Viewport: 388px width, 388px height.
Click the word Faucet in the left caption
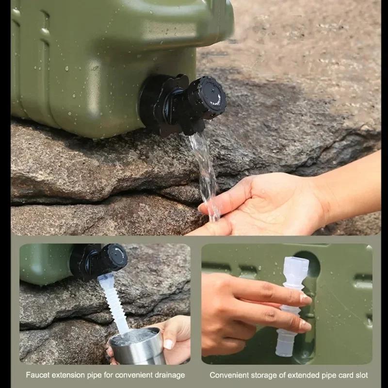(x=37, y=375)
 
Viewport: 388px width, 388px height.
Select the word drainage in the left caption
(x=170, y=375)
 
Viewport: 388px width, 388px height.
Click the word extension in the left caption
(x=66, y=375)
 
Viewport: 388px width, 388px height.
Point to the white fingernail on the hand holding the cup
(x=168, y=344)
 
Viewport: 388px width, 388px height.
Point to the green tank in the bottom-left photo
(x=44, y=264)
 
